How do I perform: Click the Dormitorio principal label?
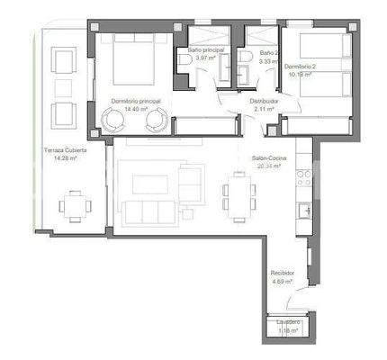[136, 102]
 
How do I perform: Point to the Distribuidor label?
[263, 102]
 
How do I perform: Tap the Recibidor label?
[284, 273]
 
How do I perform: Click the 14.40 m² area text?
[136, 109]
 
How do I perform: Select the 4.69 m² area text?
[284, 281]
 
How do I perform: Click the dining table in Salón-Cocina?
[240, 196]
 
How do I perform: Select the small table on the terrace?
[74, 205]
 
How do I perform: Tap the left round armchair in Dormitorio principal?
[116, 119]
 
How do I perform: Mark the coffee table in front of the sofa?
[149, 184]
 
